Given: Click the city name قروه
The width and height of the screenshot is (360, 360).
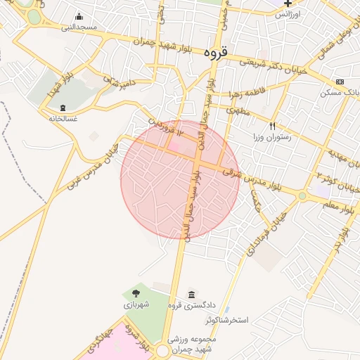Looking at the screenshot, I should tap(217, 53).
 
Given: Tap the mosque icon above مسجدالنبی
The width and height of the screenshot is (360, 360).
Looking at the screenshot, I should tap(79, 17).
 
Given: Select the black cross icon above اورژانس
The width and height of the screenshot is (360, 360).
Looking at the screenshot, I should tap(307, 4).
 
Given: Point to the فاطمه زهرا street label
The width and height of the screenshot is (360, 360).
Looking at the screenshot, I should tap(245, 94).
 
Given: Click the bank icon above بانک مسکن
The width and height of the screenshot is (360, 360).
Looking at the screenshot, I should tap(340, 82).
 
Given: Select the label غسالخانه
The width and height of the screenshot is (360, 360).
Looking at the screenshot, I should tap(63, 118).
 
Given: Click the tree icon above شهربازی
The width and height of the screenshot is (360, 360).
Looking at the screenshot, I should tap(134, 293).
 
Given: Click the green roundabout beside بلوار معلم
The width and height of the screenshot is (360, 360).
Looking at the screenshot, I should tap(302, 195).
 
